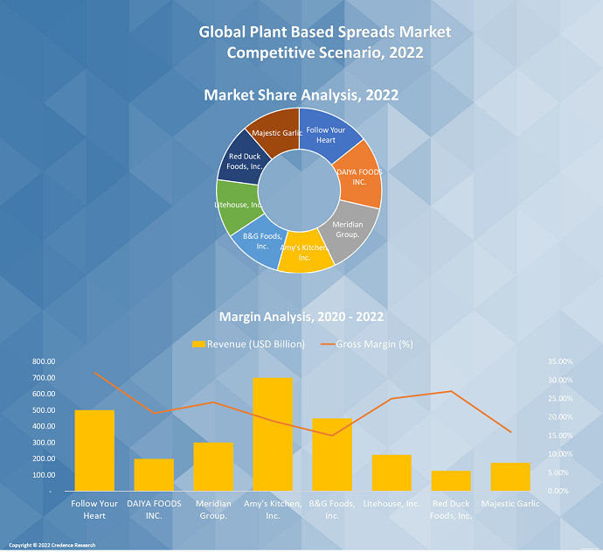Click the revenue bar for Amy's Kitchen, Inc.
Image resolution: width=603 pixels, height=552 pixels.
273,434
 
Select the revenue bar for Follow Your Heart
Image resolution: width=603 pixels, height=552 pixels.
94,451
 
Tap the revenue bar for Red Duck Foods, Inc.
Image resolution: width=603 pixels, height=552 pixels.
451,481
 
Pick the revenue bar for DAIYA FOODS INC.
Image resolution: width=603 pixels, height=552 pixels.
154,475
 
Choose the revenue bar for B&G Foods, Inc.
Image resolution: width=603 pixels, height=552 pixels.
332,455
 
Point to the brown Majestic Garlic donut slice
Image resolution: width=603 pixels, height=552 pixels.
273,131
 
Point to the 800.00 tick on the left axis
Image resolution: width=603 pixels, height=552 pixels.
43,361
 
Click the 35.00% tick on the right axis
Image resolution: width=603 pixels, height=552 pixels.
561,361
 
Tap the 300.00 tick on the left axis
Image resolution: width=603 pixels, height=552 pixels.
43,443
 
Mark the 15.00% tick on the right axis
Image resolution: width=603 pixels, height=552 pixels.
561,436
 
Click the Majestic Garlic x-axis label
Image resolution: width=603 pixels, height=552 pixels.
510,504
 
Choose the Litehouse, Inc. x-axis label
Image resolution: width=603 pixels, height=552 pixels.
392,504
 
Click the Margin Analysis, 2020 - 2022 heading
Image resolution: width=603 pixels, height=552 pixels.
301,317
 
